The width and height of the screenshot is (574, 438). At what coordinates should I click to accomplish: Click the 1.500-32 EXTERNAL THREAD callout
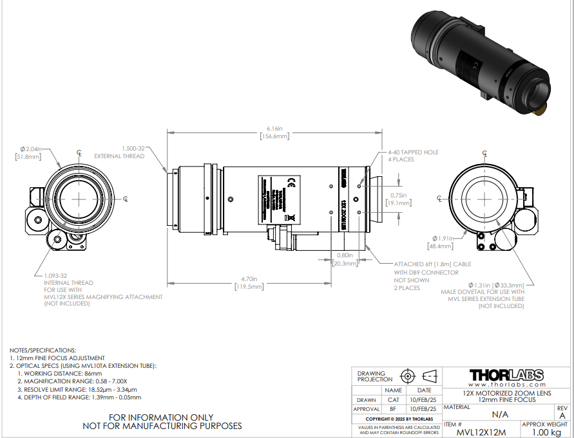click(119, 151)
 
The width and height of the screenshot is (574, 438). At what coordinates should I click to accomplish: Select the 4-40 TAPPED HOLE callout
click(412, 156)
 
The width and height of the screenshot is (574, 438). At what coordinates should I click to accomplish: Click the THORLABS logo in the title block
click(506, 375)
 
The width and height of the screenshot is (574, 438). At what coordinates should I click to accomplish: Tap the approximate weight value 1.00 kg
click(544, 432)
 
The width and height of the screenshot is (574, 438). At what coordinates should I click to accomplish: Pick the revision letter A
click(562, 415)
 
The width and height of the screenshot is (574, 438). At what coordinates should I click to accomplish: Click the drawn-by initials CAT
click(393, 399)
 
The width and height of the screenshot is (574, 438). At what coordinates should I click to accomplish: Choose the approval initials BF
click(393, 408)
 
